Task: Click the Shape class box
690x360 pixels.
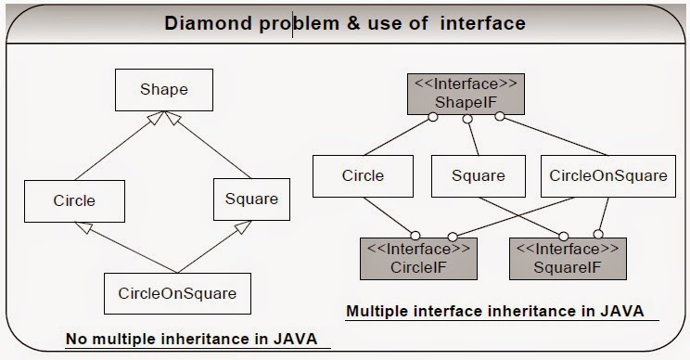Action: [163, 90]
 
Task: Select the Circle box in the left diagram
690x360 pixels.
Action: [74, 198]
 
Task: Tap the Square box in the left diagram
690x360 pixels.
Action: [251, 198]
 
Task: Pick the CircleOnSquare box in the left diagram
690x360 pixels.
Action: [177, 293]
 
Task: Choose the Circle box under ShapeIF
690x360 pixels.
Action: [363, 174]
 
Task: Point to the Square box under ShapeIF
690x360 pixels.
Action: [478, 174]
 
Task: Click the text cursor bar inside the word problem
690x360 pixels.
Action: [294, 22]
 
